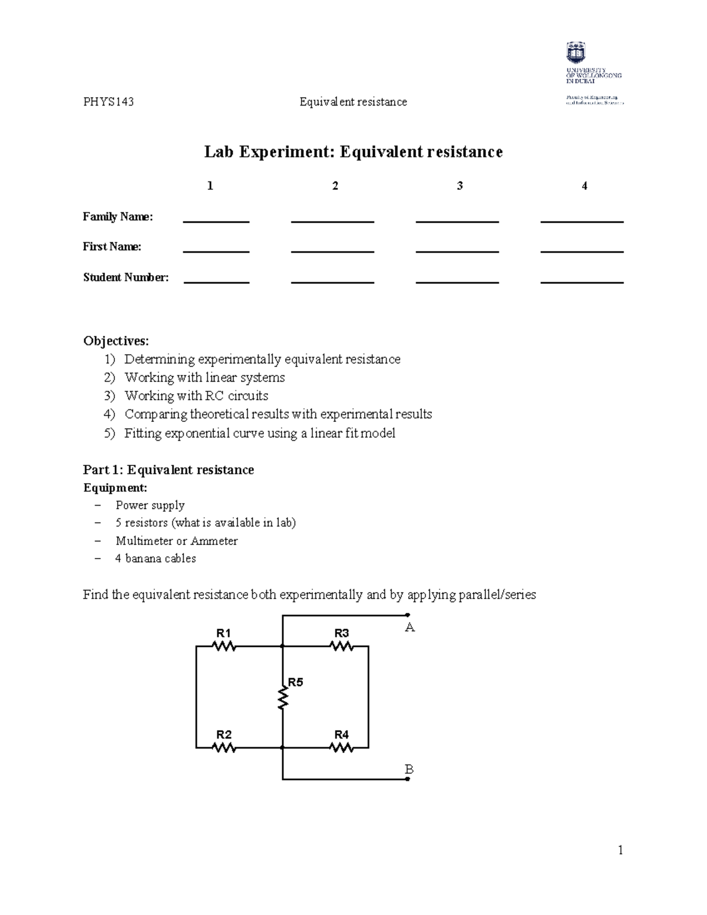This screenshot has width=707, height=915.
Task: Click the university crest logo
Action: pos(576,52)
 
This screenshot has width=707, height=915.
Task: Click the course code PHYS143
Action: pos(108,102)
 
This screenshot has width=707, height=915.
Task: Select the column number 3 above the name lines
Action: pos(460,186)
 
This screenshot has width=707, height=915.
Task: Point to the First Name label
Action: pos(112,247)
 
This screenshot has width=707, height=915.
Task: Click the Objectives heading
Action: pos(116,341)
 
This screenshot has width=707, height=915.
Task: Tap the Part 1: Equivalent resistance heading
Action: pos(169,470)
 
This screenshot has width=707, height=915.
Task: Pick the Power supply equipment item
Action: pos(150,506)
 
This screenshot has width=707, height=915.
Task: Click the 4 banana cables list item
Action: pos(156,559)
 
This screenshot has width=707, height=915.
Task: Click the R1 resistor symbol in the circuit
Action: pos(224,646)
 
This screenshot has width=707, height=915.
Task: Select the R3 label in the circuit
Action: pos(342,633)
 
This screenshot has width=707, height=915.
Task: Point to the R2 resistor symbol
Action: pos(224,748)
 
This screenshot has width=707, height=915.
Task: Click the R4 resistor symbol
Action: pos(342,748)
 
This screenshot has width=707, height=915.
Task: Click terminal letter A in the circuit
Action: pos(410,628)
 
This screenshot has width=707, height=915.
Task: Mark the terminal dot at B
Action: pos(408,779)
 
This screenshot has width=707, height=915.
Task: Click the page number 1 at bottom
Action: pos(620,850)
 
